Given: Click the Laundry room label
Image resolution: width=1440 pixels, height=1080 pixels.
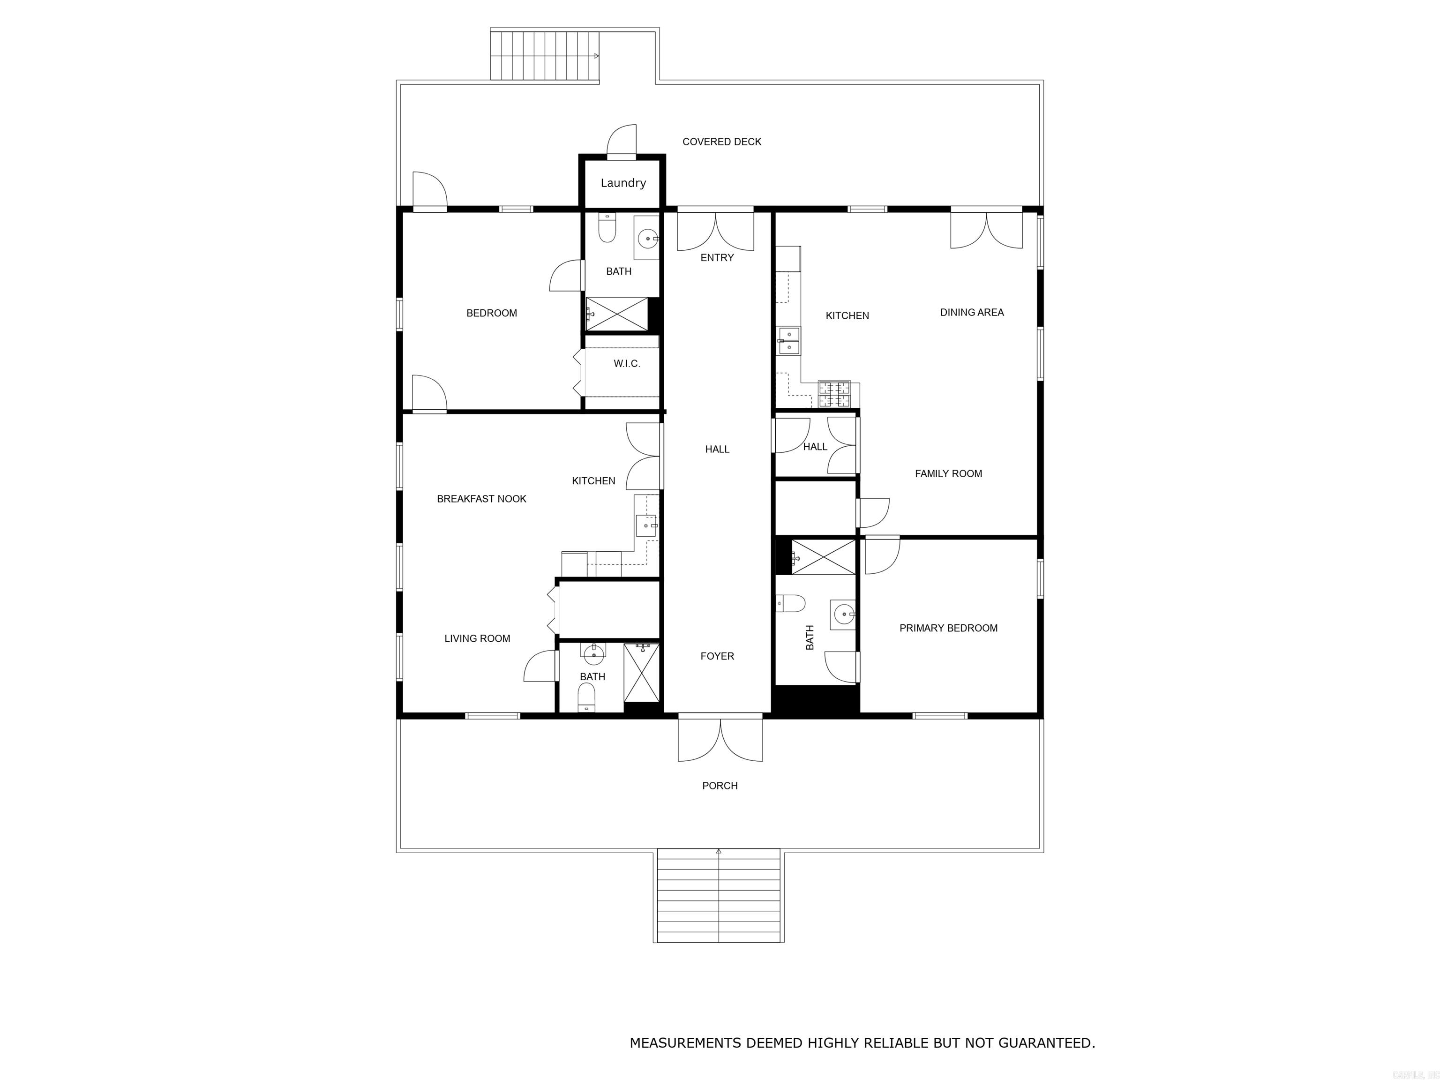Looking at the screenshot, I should tap(623, 183).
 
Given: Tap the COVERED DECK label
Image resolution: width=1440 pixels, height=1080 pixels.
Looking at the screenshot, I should tap(721, 142).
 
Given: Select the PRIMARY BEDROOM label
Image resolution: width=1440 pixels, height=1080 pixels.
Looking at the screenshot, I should tap(948, 628).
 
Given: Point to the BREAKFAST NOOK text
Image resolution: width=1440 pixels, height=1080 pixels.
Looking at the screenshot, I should tap(481, 499).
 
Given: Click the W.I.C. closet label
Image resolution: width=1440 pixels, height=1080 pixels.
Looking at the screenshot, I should tap(626, 364).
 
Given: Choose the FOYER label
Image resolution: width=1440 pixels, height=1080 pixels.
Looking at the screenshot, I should tap(717, 656).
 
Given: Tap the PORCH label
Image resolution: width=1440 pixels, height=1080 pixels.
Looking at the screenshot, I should tap(720, 786).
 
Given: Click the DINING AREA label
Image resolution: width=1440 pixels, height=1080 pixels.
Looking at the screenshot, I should tap(971, 313).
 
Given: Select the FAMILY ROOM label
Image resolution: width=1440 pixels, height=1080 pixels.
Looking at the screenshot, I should tap(948, 474).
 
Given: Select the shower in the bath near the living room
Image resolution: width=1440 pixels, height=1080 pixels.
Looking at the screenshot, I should tap(641, 673).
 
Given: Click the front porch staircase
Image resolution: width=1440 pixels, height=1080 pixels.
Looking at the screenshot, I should tap(719, 896).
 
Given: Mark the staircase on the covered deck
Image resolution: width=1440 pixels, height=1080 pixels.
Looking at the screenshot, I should tap(544, 56).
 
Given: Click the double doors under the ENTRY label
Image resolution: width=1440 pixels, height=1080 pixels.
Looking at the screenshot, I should tap(715, 231).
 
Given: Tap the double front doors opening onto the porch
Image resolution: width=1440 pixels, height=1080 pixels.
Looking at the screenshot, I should tap(720, 739).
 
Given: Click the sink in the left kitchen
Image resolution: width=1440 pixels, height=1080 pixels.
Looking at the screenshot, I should tap(646, 525).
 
